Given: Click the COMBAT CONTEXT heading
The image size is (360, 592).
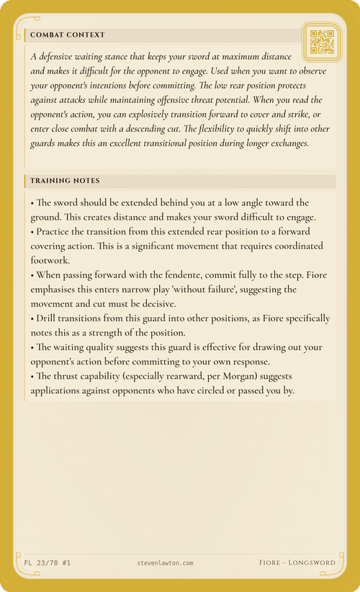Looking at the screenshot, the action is pyautogui.click(x=68, y=35).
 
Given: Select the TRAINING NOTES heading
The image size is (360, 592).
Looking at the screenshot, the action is pyautogui.click(x=65, y=180).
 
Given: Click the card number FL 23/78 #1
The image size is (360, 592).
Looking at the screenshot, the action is pyautogui.click(x=48, y=562).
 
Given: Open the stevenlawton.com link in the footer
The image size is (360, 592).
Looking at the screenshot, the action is pyautogui.click(x=165, y=562).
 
